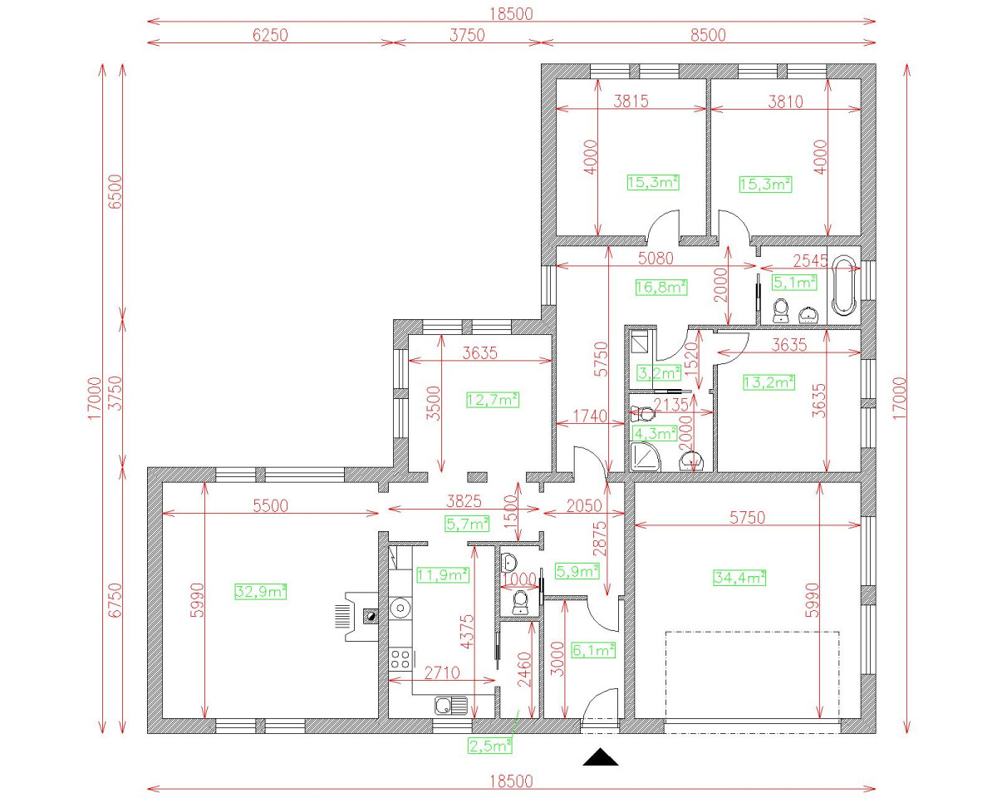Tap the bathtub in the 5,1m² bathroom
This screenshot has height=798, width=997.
pyautogui.click(x=844, y=288)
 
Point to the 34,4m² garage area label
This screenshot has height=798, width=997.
pyautogui.click(x=739, y=577)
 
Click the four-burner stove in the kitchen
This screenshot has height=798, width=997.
pyautogui.click(x=401, y=660)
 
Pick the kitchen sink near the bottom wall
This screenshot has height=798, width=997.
pyautogui.click(x=450, y=707)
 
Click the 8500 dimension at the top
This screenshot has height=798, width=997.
pyautogui.click(x=708, y=34)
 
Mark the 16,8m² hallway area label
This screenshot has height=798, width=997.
pyautogui.click(x=661, y=288)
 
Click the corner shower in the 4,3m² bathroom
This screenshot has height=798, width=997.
pyautogui.click(x=645, y=456)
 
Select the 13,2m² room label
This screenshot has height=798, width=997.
pyautogui.click(x=769, y=382)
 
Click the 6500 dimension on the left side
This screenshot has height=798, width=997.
pyautogui.click(x=115, y=191)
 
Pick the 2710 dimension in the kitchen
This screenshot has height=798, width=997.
pyautogui.click(x=443, y=672)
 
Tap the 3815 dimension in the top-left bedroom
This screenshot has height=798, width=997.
pyautogui.click(x=631, y=101)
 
